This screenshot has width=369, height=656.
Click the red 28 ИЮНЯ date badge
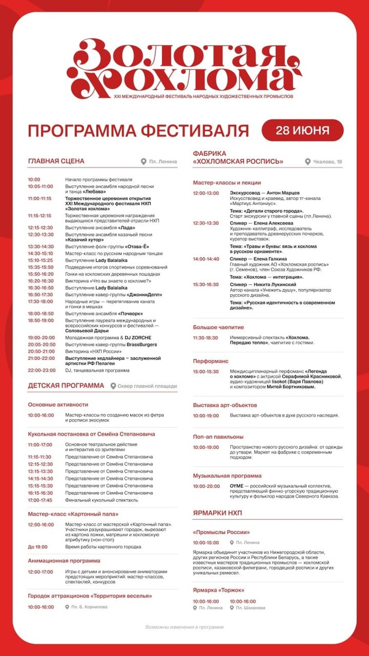pos(302,131)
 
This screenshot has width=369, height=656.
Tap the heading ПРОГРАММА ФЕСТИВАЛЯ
pos(138,131)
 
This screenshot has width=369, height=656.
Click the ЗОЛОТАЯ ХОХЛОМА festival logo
pos(180,68)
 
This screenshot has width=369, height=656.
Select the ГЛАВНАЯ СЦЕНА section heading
pos(56,161)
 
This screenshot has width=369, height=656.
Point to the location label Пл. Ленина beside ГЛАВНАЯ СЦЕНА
pos(162,162)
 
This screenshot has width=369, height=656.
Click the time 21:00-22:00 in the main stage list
pos(42,358)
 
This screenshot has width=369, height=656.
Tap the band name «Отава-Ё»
pos(138,247)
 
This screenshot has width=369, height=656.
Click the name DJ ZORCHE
pos(139,337)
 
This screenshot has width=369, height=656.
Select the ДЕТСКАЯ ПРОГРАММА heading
pos(66,385)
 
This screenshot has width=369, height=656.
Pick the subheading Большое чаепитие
pos(219,327)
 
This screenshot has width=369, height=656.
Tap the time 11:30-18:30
pos(206,338)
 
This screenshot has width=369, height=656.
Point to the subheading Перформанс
pos(211,361)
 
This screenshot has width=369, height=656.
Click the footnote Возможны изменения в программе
pos(184,627)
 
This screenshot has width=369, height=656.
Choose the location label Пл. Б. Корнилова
pos(89,606)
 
